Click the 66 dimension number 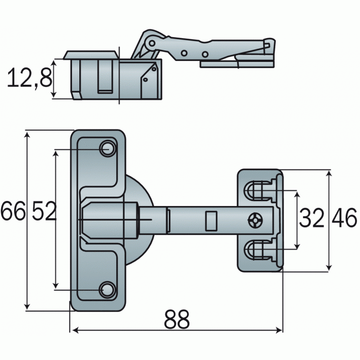pos(13,212)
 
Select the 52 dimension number pos(44,212)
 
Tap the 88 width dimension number pos(177,320)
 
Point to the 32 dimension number pos(311,219)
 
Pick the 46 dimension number pos(344,219)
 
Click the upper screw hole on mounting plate pos(107,149)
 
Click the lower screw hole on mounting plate pos(106,289)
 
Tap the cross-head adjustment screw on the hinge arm pos(255,220)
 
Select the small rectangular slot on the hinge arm pos(210,220)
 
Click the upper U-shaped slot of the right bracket pos(258,191)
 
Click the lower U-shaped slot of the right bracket pos(258,250)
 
